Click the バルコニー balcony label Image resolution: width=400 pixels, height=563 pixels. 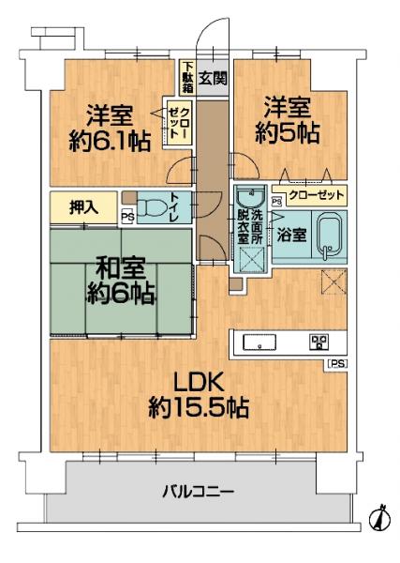[198, 491]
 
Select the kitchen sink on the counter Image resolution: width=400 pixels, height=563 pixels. [259, 342]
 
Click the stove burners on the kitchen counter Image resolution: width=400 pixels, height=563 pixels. [318, 342]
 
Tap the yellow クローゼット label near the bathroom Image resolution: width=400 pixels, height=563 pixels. [316, 196]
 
